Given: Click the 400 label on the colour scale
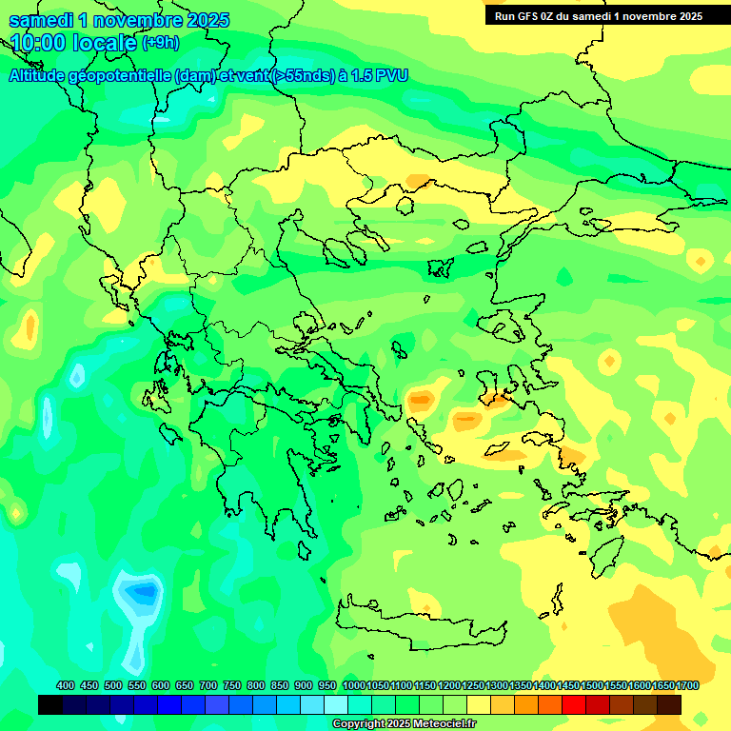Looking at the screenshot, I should tap(66, 685).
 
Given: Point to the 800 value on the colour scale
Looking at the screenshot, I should tap(256, 685).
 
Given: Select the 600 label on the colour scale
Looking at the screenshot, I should tap(161, 685).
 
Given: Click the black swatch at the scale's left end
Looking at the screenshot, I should tap(50, 704).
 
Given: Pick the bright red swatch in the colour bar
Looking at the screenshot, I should tap(574, 704).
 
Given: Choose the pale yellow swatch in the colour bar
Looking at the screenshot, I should tap(479, 704).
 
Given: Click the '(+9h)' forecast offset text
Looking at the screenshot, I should tap(160, 43).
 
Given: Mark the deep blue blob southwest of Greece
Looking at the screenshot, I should tap(142, 592).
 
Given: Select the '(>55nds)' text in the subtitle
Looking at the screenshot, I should tap(304, 75).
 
